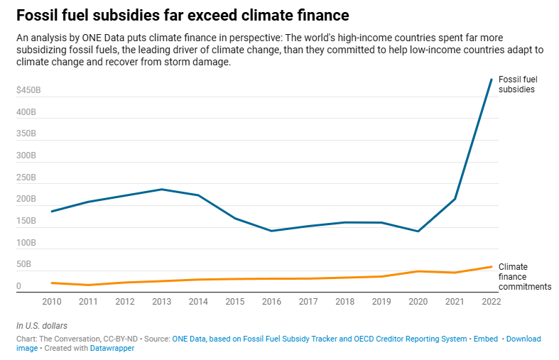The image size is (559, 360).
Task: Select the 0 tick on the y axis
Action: [19, 286]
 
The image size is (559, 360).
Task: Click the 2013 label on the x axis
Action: [161, 301]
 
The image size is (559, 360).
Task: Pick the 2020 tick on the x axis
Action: [418, 301]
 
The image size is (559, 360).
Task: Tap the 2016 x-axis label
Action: [271, 301]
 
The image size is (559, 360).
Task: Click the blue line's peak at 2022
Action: [491, 80]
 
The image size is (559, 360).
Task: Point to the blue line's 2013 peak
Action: [161, 190]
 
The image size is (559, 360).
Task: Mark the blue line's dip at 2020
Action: [418, 231]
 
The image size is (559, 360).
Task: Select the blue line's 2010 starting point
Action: [52, 211]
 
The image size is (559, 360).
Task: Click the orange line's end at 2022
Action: [491, 267]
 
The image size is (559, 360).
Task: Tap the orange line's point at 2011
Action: [88, 285]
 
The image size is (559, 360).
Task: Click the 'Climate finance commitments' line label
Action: [524, 276]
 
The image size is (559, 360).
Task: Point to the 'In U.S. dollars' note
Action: [47, 325]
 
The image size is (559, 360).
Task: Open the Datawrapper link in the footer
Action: [113, 349]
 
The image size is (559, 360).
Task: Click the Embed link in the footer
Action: [485, 339]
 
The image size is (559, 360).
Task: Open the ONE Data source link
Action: [320, 339]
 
